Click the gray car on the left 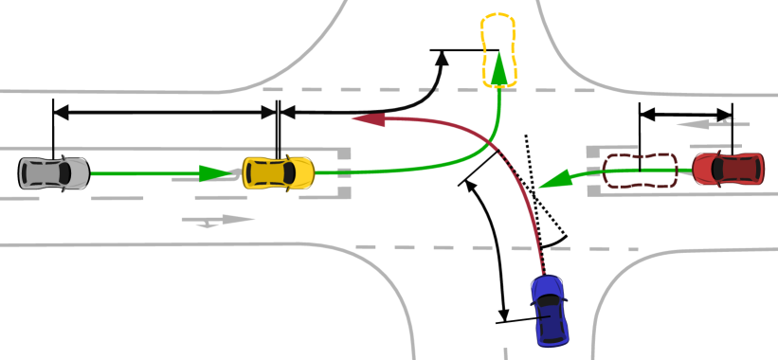[54, 171]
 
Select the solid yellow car [278, 171]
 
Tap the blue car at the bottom [551, 309]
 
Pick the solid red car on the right [728, 169]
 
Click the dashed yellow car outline [498, 49]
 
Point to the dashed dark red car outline [641, 170]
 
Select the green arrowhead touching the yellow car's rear [219, 173]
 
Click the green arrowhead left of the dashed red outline [560, 177]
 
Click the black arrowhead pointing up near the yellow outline [443, 59]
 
